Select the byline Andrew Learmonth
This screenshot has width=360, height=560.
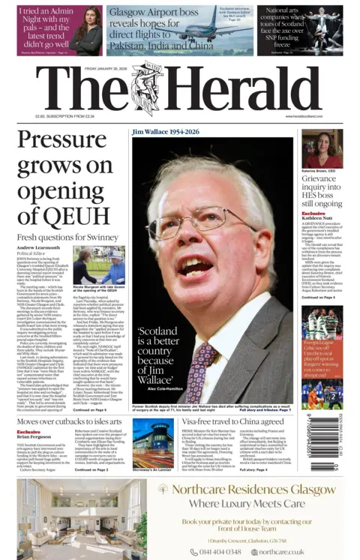[38, 247]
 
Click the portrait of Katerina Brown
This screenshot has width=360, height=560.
[322, 148]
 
